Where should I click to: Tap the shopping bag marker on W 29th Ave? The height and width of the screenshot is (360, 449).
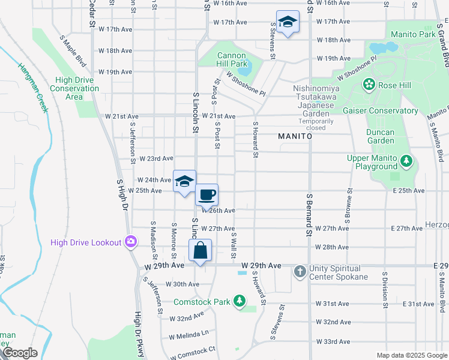point(200,250)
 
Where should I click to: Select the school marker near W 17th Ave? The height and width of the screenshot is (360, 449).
point(288,23)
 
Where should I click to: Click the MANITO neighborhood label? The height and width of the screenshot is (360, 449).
point(295,137)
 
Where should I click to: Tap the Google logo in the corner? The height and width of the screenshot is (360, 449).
point(20,353)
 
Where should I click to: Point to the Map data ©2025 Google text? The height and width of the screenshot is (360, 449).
point(411,355)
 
